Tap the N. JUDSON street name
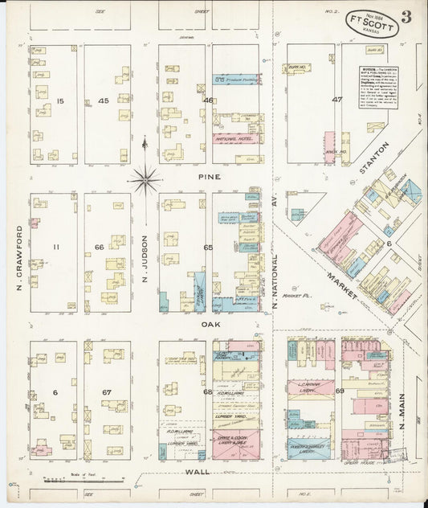(x=145, y=251)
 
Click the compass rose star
(x=145, y=180)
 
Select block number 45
(x=104, y=100)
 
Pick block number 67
(x=106, y=391)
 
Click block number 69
(x=339, y=391)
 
